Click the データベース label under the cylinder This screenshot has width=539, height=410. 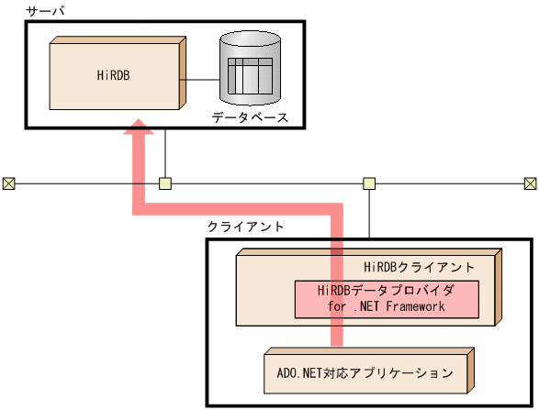click(x=250, y=118)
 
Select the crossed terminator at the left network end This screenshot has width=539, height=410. click(x=8, y=183)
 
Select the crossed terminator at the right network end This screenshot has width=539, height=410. click(x=530, y=183)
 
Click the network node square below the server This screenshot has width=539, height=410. click(x=165, y=183)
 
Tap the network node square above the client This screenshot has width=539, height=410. click(x=368, y=183)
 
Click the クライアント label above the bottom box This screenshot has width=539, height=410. click(x=245, y=227)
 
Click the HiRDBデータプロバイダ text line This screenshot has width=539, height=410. click(x=386, y=291)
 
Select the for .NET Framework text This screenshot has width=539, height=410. click(x=386, y=306)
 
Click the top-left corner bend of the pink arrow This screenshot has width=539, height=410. click(x=139, y=209)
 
